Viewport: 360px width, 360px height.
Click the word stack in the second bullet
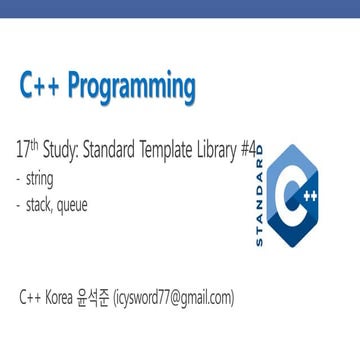tap(46, 207)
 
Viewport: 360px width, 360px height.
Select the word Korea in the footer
tap(71, 297)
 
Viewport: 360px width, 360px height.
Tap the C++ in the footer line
tap(34, 297)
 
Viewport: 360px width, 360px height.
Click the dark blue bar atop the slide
tap(180, 8)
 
